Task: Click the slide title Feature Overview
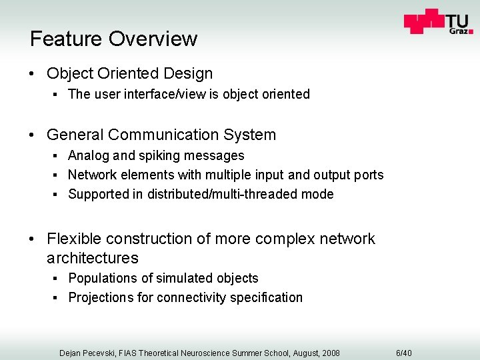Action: point(113,39)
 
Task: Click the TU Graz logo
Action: point(438,22)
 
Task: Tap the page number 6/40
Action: point(404,353)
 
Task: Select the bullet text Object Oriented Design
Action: point(129,73)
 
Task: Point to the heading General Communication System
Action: point(161,135)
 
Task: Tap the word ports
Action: point(369,175)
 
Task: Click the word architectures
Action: point(93,258)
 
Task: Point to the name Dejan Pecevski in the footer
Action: point(87,353)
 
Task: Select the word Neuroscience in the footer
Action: point(203,353)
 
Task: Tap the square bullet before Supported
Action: point(59,195)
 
